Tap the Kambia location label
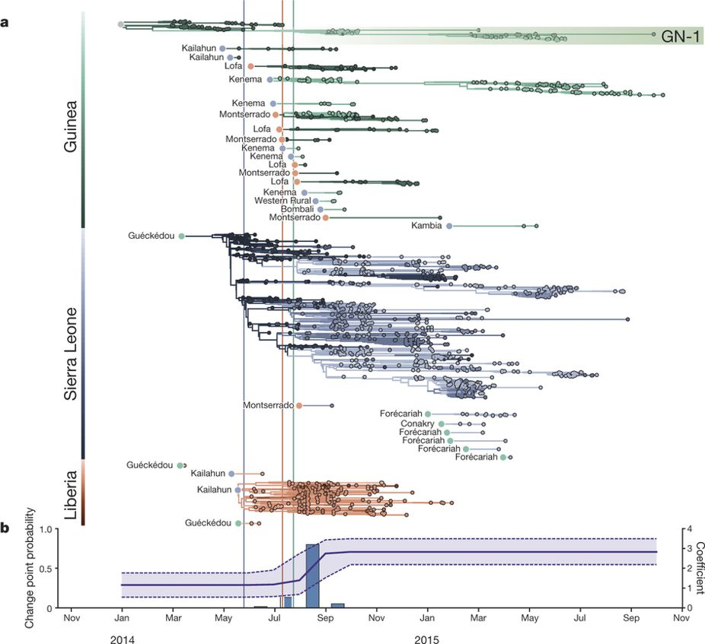click(x=426, y=226)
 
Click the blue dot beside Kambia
click(x=449, y=226)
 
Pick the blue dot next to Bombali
click(x=321, y=209)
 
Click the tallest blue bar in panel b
click(x=312, y=576)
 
